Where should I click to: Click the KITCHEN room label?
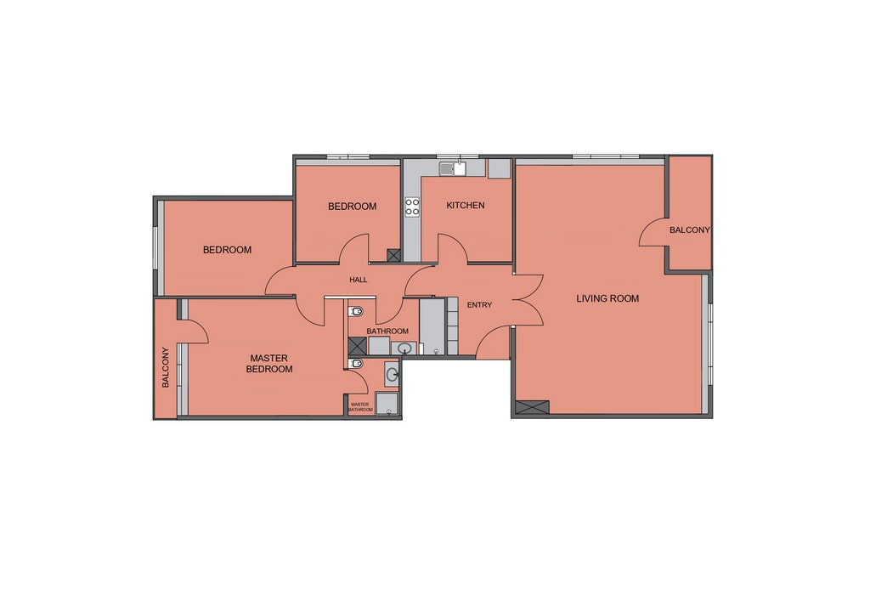click(466, 206)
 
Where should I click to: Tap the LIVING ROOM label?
click(607, 298)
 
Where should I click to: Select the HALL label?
click(359, 280)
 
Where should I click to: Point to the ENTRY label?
click(479, 304)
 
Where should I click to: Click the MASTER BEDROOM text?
click(269, 364)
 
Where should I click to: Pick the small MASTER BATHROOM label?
click(360, 407)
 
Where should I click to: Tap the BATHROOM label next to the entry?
click(387, 331)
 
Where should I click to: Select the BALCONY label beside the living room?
click(690, 229)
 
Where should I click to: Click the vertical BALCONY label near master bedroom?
click(166, 367)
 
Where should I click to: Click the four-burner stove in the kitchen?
click(412, 207)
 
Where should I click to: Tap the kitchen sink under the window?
click(454, 168)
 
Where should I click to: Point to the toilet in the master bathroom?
click(356, 364)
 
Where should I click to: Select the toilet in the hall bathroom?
click(356, 311)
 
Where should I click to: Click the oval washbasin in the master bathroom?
click(393, 374)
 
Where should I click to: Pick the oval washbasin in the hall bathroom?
click(405, 348)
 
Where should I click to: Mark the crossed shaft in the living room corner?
click(532, 407)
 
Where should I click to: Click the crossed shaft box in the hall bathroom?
click(358, 346)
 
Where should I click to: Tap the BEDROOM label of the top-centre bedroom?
click(353, 207)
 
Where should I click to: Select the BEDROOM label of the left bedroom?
click(227, 250)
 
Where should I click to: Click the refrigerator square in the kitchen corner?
click(499, 169)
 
